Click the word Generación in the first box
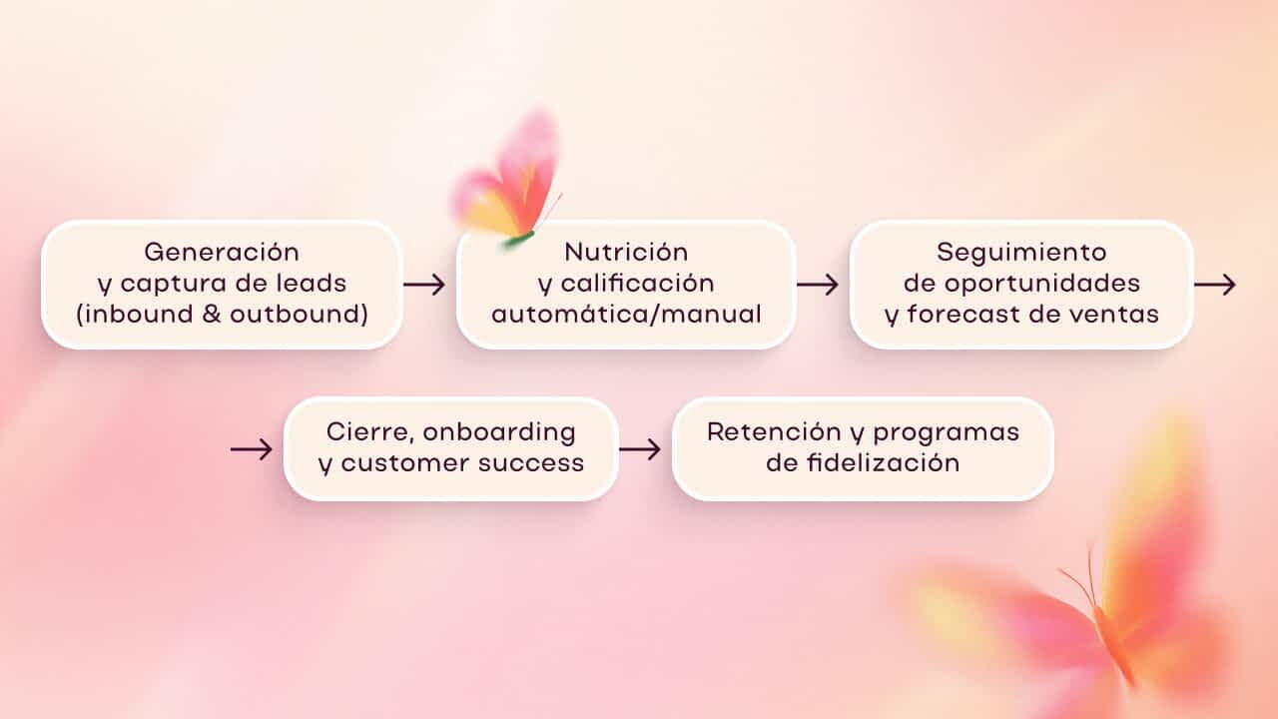click(x=221, y=252)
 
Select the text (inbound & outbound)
click(x=221, y=314)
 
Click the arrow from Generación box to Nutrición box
click(x=424, y=285)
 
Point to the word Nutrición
click(x=626, y=252)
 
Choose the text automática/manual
click(x=626, y=314)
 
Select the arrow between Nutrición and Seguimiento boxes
click(x=818, y=285)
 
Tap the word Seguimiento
click(x=1021, y=252)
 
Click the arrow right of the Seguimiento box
click(x=1215, y=285)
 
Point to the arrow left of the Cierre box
click(x=252, y=449)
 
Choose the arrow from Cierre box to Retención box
click(x=640, y=449)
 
